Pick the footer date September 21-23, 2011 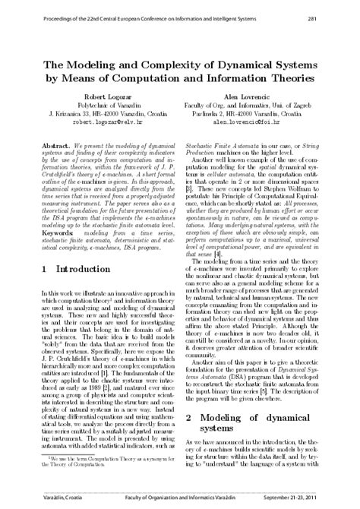pos(308,500)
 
